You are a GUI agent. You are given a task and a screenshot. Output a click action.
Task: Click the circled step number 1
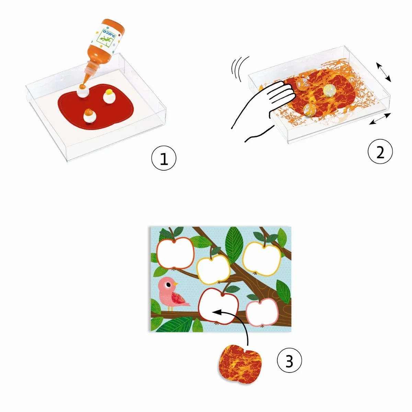[164, 158]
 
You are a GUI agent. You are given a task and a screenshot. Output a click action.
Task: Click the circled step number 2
[380, 152]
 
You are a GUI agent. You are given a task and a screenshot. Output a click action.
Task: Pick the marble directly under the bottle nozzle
[83, 92]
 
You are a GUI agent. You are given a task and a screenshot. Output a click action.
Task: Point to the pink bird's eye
[169, 285]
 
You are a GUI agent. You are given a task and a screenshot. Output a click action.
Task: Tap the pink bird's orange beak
[175, 284]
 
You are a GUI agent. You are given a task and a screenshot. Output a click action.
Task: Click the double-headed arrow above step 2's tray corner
[384, 72]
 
